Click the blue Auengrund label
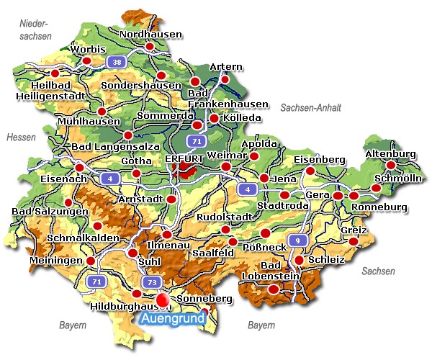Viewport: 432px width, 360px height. (171, 318)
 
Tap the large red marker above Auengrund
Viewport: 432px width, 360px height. (163, 299)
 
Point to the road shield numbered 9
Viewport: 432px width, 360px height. (295, 240)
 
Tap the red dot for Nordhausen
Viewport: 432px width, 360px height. (150, 47)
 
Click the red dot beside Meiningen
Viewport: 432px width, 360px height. (91, 261)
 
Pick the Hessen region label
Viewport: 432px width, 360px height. (20, 137)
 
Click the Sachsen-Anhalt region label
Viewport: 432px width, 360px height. (310, 107)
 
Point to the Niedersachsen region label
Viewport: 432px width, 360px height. (36, 30)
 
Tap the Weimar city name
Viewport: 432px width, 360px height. (226, 156)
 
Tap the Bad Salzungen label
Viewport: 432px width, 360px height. (49, 212)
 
